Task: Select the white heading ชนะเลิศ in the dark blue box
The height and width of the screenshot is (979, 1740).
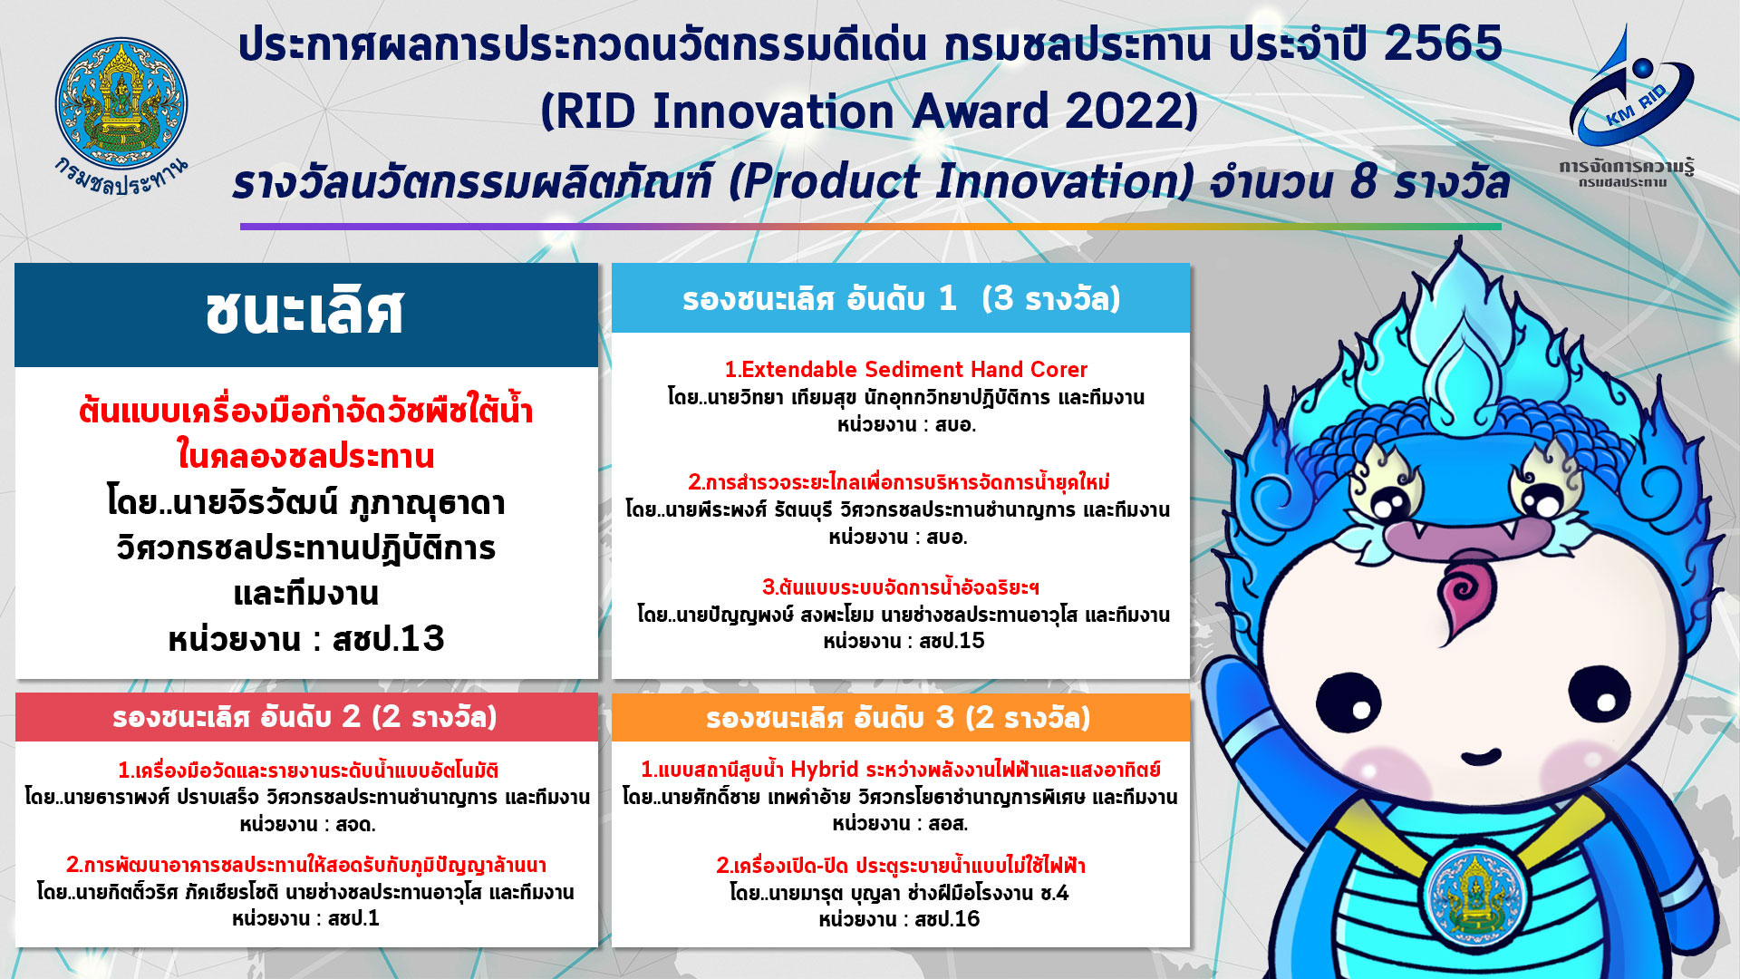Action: pos(304,312)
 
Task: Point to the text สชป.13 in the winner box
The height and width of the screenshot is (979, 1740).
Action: pos(389,638)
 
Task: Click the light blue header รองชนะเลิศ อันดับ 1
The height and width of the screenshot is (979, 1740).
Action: pos(901,298)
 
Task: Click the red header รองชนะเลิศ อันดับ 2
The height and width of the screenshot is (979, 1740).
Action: pos(306,717)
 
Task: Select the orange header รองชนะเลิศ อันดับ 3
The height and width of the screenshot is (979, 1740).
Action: pos(900,717)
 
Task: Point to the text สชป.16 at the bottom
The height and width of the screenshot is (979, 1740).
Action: pos(947,919)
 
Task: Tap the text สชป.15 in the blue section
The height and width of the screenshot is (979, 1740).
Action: pos(952,641)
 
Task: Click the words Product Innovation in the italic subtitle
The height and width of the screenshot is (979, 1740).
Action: pos(962,181)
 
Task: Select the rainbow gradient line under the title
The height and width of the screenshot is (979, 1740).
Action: pos(871,227)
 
